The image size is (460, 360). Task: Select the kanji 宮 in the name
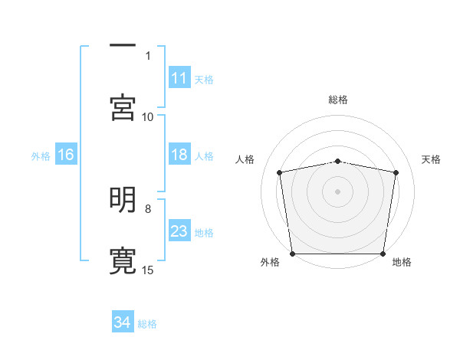123,108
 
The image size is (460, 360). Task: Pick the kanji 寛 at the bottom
123,260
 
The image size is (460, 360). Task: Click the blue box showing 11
179,78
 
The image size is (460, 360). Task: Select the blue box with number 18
179,155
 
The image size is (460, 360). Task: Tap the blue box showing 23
179,231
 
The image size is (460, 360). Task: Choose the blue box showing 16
66,155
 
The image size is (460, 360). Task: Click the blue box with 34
122,323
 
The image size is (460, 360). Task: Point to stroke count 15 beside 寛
148,270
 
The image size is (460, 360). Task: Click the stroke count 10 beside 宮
148,116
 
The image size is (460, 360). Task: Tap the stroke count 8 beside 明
148,208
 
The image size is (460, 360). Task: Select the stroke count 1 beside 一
148,55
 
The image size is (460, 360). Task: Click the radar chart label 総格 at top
337,100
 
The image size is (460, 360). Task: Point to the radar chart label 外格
270,262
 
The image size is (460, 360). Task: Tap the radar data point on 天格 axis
396,173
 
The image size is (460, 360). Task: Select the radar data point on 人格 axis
280,173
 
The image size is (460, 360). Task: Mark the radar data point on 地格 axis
383,254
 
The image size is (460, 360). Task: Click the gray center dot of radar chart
337,191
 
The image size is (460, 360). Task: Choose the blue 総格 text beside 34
147,324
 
